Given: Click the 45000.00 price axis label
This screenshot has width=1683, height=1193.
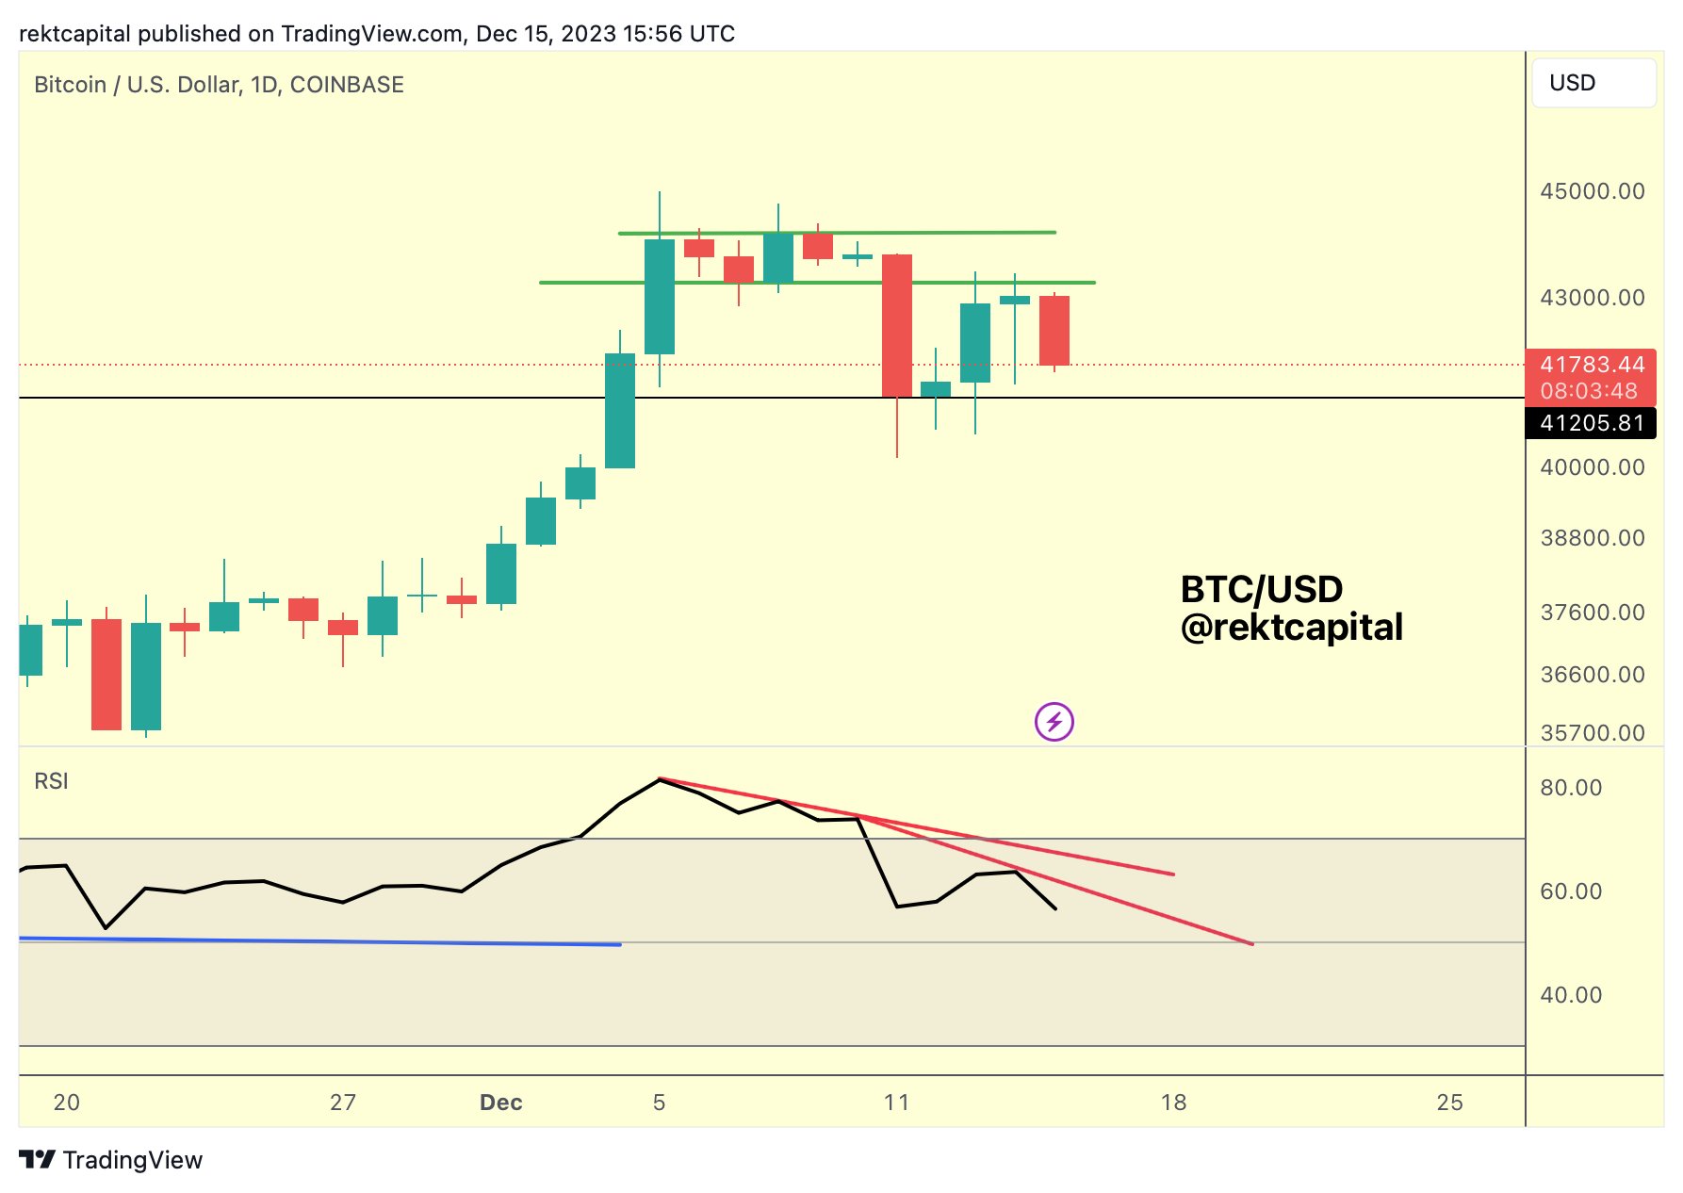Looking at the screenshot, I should coord(1592,191).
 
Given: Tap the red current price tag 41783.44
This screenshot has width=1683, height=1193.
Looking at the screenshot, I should coord(1592,366).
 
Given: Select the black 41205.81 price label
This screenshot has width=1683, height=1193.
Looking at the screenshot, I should coord(1592,423).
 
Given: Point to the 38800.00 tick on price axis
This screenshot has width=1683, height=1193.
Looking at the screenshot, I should coord(1592,538).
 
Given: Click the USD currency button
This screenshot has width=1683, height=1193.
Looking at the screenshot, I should coord(1593,83).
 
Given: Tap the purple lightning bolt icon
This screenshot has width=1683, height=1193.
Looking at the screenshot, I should coord(1054,722).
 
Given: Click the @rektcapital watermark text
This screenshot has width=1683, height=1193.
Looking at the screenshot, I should coord(1291,628).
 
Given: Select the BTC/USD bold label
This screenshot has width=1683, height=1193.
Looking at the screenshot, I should coord(1261,590).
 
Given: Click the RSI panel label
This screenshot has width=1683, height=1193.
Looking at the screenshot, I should coord(51,781).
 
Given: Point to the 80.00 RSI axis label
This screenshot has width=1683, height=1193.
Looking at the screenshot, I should coord(1571,788).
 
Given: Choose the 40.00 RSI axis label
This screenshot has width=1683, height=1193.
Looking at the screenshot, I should coord(1571,995).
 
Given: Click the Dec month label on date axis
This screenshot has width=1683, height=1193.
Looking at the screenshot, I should coord(500,1103).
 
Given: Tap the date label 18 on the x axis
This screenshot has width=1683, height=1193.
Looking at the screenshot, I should coord(1173,1103).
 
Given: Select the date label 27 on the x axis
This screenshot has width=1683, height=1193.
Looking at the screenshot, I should coord(343,1103).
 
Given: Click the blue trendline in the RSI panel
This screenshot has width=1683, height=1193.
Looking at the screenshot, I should coord(320,941).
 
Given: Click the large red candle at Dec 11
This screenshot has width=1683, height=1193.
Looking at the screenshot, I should coord(896,325).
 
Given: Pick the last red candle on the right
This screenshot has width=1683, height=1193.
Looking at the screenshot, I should coord(1054,330).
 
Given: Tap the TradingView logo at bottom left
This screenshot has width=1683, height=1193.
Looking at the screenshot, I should coord(111,1160).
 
